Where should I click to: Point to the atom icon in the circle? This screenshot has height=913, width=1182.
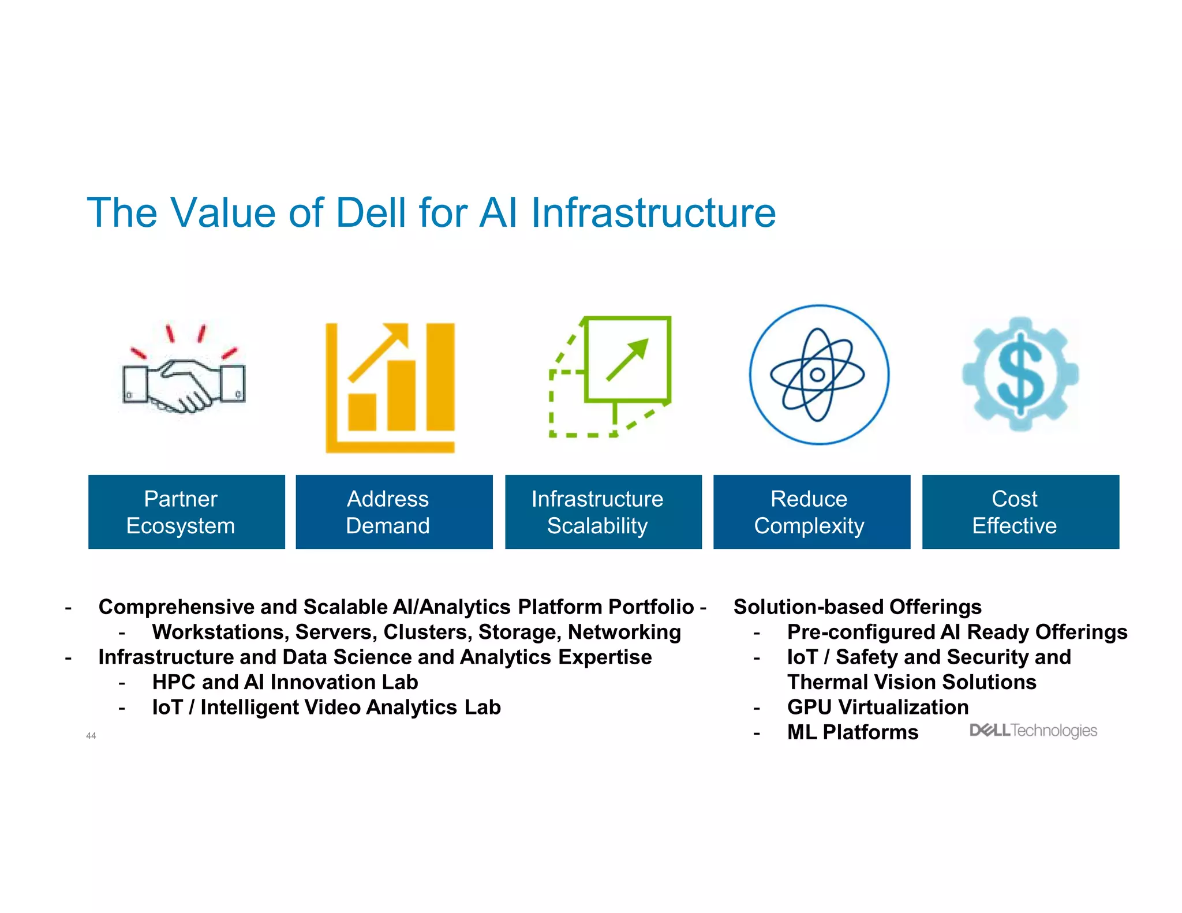pos(818,375)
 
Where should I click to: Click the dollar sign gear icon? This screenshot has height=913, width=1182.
pos(1020,374)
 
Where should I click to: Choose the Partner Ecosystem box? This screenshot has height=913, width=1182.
pos(186,512)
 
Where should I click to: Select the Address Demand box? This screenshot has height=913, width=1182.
pos(394,512)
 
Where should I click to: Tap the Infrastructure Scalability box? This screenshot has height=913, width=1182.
pos(603,512)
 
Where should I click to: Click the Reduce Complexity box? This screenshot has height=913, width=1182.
pos(811,512)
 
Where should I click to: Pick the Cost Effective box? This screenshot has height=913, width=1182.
pos(1020,512)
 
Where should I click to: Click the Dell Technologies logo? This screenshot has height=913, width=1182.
pos(1033,731)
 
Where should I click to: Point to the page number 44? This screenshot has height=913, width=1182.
pos(91,735)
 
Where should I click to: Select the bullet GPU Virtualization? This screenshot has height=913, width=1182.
pos(877,707)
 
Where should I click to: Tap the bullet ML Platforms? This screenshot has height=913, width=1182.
pos(852,732)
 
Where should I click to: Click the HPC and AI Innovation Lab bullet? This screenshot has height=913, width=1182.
pos(285,682)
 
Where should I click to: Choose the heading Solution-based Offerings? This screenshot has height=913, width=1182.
pos(857,607)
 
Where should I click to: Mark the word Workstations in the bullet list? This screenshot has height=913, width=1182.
pos(220,632)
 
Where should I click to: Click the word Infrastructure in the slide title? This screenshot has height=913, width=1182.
pos(653,213)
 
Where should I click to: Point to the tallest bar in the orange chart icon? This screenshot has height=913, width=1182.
pos(440,376)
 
